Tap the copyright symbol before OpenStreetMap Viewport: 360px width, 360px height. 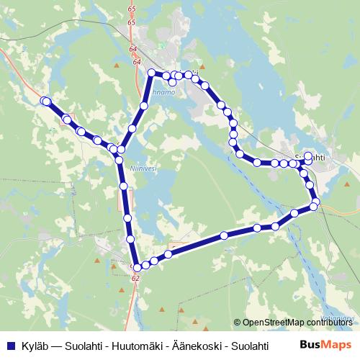(x=238, y=322)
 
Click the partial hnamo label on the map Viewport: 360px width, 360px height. (x=164, y=92)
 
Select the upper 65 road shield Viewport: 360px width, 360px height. (x=130, y=8)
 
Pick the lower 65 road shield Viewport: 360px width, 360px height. (x=130, y=23)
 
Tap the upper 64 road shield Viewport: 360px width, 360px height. (x=133, y=48)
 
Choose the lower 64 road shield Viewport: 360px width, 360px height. (x=137, y=62)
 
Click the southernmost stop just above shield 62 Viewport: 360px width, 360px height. (x=137, y=268)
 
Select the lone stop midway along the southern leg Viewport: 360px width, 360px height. (x=224, y=235)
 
